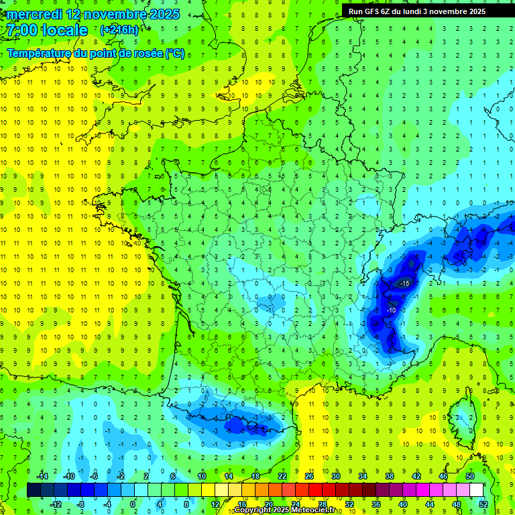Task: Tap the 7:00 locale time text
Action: click(x=46, y=30)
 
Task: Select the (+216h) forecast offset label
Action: click(x=120, y=30)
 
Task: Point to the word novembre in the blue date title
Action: click(x=107, y=14)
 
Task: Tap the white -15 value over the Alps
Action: click(x=404, y=284)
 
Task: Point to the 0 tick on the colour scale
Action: click(x=132, y=504)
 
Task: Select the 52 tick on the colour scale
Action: click(x=483, y=504)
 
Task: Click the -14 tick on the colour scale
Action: click(x=42, y=475)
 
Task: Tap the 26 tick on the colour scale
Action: click(x=308, y=475)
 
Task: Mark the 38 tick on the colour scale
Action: click(x=389, y=475)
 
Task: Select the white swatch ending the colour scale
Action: click(x=476, y=490)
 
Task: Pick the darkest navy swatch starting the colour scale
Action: click(x=34, y=490)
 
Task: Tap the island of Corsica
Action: click(x=461, y=416)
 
